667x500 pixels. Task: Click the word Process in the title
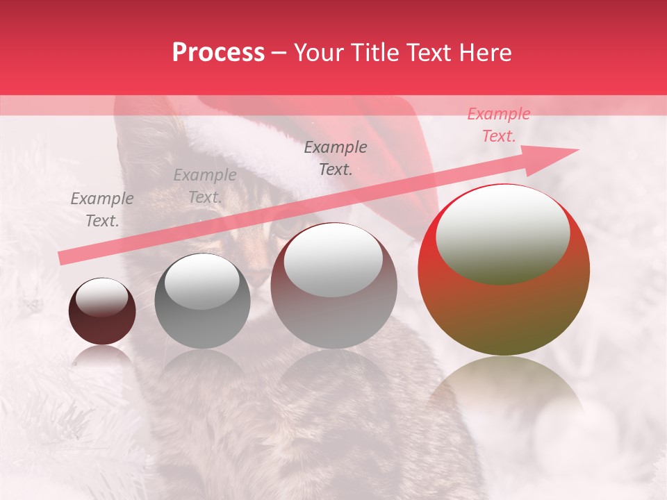(218, 53)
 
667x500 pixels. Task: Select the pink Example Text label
(499, 125)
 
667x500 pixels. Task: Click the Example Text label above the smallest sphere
(102, 209)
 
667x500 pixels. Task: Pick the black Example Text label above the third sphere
(336, 158)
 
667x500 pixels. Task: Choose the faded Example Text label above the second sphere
(205, 185)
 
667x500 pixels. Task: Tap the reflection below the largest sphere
(504, 396)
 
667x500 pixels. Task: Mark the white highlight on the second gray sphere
(201, 281)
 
